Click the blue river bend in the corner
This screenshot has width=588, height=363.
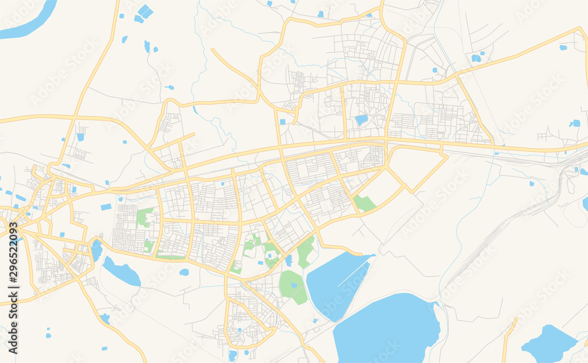pos(26,21)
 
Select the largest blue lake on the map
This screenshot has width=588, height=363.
pos(388,329)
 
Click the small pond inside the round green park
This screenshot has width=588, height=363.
pos(293,285)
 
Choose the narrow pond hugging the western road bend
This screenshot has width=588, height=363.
pos(96,250)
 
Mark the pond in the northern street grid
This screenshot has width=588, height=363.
pos(361,120)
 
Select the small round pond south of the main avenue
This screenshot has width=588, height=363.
pos(184,272)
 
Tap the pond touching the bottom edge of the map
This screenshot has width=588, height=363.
pos(232,355)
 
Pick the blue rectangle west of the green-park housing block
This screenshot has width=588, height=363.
pos(106,207)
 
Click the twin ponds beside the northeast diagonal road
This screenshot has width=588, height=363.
pos(476,58)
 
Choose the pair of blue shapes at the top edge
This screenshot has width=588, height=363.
pos(143,14)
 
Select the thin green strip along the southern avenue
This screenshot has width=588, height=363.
pos(171,257)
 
